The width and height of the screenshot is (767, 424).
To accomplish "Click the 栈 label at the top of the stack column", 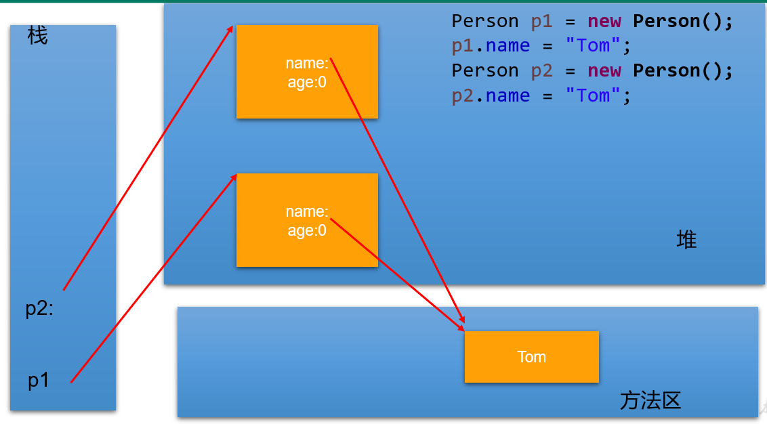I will pos(38,35).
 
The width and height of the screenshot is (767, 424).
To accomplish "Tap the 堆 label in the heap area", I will pos(686,240).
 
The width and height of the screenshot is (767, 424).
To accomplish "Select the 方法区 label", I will pos(650,400).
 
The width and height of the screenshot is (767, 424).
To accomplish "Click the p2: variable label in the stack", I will pos(39,309).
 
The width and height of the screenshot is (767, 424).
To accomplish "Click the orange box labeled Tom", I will pos(531,357).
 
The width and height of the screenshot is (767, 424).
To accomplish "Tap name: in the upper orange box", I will pos(306,63).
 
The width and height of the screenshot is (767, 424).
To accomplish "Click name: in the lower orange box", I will pos(306,212).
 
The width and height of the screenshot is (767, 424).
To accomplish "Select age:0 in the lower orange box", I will pos(306,230).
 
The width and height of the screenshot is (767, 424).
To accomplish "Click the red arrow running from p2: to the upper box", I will pos(148,158).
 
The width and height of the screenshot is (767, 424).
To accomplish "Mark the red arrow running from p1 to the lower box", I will pos(153,278).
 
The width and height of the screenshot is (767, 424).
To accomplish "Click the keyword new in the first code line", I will pos(604,21).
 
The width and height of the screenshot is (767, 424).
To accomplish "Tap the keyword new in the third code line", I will pos(604,70).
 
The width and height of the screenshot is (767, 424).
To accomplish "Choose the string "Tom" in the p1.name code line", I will pos(593,46).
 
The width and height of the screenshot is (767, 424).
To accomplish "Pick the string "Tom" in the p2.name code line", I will pos(593,96).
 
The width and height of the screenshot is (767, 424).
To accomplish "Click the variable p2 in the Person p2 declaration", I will pos(541,70).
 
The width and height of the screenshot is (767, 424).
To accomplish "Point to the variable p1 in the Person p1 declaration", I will pos(541,21).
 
